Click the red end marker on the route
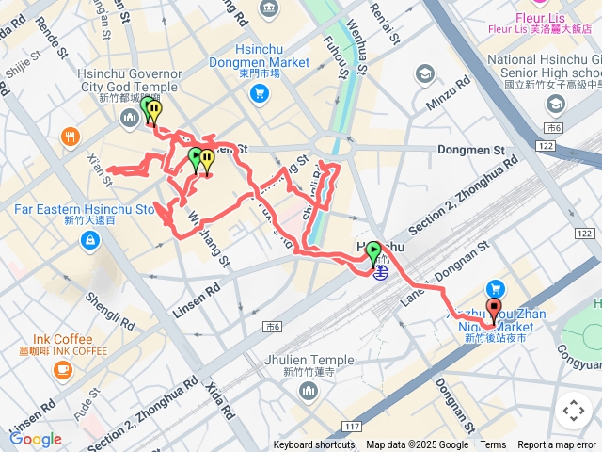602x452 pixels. tap(494, 312)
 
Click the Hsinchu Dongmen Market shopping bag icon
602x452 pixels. tap(261, 94)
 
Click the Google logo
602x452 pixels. tap(35, 439)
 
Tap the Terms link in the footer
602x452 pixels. tap(493, 445)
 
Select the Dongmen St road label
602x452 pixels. tap(515, 148)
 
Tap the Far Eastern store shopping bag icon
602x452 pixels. tap(88, 242)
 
